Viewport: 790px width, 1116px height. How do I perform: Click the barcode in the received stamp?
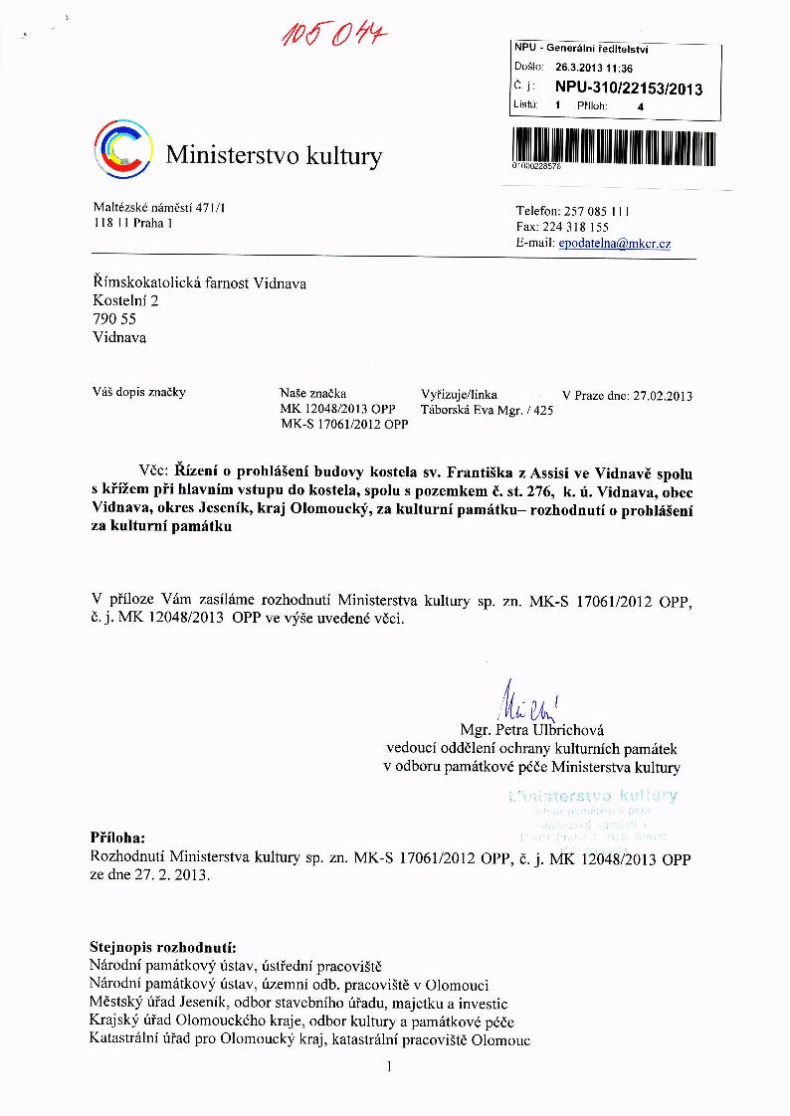click(x=613, y=146)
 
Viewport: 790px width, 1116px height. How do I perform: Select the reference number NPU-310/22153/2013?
click(x=629, y=89)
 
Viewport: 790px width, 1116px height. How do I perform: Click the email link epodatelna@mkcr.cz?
click(x=614, y=244)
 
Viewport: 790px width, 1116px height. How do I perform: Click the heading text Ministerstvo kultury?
click(x=274, y=155)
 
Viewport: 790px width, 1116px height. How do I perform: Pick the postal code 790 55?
click(x=113, y=319)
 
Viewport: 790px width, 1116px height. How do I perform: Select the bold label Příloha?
click(x=117, y=837)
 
